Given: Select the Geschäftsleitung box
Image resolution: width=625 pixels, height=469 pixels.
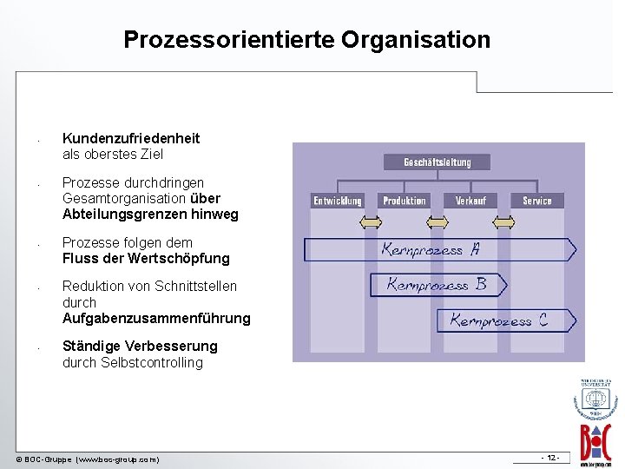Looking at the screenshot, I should [437, 162].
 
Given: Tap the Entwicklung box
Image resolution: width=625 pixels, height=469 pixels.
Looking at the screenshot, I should [338, 201].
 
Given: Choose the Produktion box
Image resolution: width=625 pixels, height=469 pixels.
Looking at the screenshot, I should [405, 201].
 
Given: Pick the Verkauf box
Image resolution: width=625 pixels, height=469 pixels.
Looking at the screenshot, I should [470, 201].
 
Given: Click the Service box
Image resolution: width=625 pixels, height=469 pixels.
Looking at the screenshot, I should [537, 201].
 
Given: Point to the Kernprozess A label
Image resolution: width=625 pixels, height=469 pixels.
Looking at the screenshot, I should [431, 249].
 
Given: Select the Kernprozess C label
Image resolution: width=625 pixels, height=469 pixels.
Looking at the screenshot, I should [498, 320].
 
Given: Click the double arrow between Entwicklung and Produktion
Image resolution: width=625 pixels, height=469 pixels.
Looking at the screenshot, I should [371, 223].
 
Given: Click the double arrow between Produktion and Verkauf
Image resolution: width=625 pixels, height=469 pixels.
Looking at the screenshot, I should [437, 223].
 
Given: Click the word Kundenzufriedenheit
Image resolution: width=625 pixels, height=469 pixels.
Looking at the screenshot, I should [131, 138].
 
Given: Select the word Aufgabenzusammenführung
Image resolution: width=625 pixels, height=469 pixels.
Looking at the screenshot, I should [156, 319].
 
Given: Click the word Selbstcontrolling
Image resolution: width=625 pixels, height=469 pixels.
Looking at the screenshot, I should [152, 362].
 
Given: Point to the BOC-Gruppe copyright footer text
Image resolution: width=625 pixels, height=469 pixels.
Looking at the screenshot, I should [88, 459].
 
